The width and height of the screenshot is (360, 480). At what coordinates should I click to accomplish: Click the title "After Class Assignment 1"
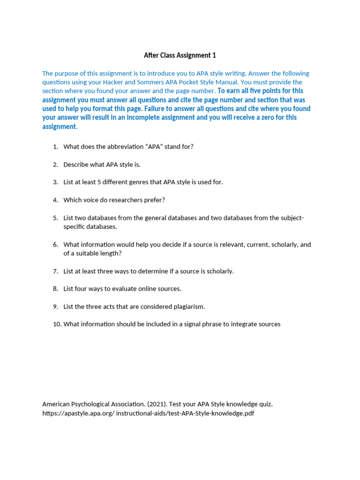[180, 55]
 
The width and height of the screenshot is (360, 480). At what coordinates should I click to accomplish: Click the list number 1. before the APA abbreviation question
[55, 147]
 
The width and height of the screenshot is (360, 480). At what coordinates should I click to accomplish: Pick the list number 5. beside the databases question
[55, 218]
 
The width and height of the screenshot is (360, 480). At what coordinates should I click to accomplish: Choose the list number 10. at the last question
[57, 324]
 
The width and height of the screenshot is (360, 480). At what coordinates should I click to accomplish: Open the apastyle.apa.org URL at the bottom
[148, 413]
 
